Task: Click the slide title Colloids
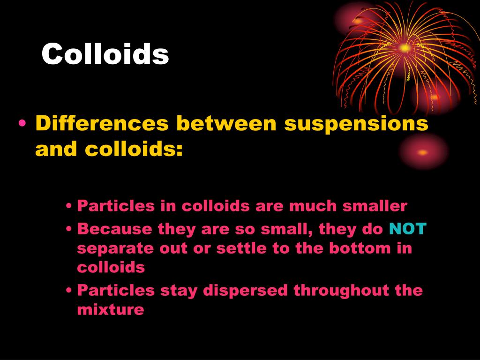(x=105, y=54)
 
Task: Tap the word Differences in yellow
(x=102, y=124)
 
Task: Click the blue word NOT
(x=408, y=229)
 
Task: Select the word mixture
(x=110, y=309)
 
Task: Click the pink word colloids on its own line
(x=111, y=267)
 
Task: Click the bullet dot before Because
(x=69, y=230)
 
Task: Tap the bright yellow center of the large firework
(x=405, y=47)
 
